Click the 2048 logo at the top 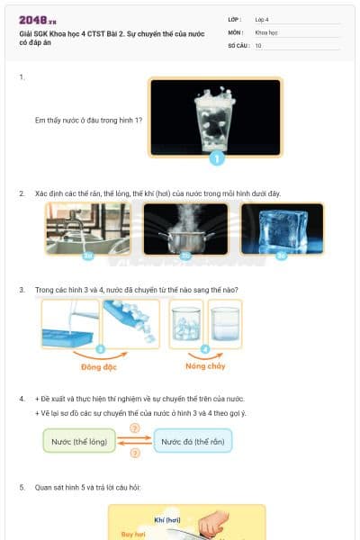[37, 19]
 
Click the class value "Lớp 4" [262, 19]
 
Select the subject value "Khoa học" [266, 31]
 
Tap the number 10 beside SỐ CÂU [258, 45]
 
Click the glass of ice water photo [216, 117]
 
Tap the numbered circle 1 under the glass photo [216, 159]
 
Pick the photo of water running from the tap [87, 228]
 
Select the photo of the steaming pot [185, 228]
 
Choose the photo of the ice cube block [282, 228]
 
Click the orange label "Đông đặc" [100, 367]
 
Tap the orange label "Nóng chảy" [205, 367]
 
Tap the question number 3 [22, 290]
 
